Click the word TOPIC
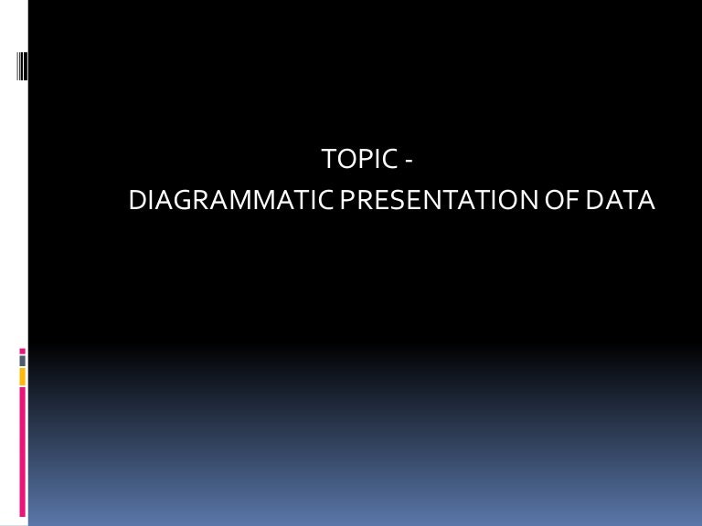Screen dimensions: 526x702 [x=360, y=162]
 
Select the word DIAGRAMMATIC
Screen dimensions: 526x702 [x=231, y=200]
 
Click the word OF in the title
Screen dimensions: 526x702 [x=559, y=200]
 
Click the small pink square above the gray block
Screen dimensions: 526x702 [x=22, y=350]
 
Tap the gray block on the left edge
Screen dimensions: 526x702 [x=22, y=361]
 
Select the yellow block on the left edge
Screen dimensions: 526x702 [x=22, y=376]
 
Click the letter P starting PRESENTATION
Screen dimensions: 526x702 [x=346, y=200]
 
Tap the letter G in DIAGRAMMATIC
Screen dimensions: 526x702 [x=180, y=200]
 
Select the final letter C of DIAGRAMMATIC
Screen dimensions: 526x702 [x=326, y=200]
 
